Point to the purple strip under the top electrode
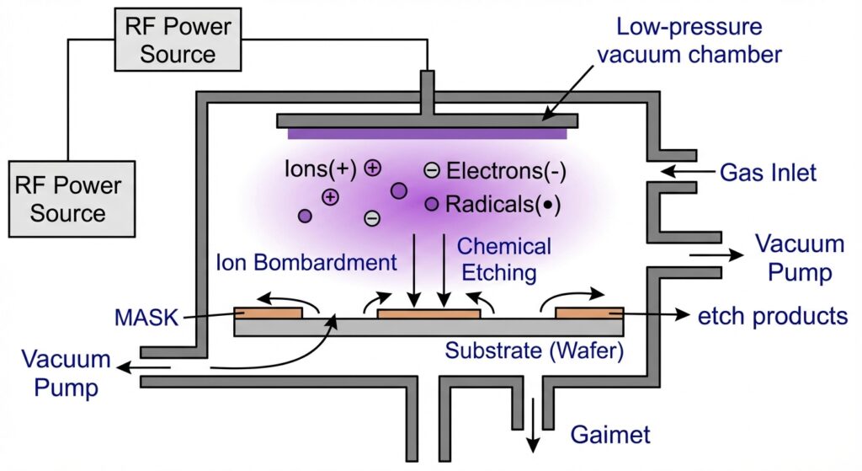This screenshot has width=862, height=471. [x=428, y=134]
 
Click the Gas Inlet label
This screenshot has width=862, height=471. [x=768, y=174]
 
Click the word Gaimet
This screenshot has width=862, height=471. [x=610, y=435]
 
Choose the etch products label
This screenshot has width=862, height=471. [x=772, y=316]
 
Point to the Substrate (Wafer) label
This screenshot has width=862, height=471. [x=535, y=351]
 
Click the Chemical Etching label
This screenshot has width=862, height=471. [x=503, y=260]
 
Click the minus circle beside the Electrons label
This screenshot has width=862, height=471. [x=432, y=171]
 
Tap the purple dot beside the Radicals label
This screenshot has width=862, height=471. [x=432, y=204]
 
